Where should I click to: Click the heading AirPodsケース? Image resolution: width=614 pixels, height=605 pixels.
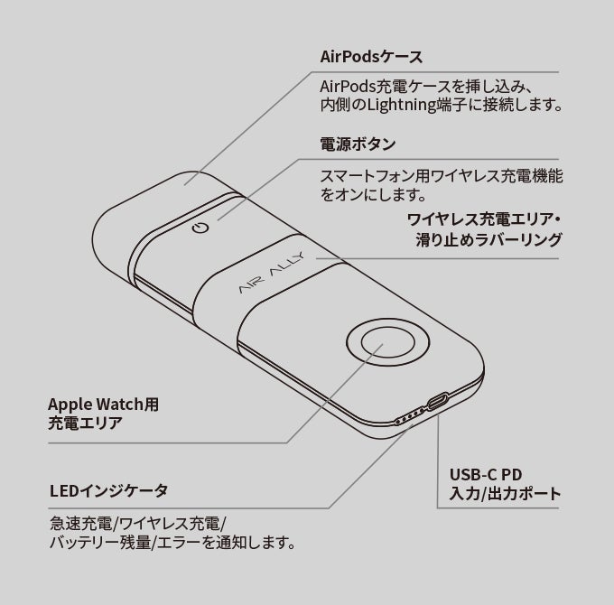(370, 57)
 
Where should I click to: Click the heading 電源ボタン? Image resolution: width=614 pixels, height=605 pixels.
(358, 144)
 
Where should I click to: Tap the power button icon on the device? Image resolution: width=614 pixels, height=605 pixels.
(202, 228)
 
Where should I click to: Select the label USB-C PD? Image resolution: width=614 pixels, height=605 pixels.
(486, 474)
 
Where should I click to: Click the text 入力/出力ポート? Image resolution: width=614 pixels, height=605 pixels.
(505, 494)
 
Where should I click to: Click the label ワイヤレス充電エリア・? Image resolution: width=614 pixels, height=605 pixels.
(484, 219)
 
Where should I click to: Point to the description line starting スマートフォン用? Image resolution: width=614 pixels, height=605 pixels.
(442, 175)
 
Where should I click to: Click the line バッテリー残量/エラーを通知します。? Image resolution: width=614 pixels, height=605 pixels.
(172, 544)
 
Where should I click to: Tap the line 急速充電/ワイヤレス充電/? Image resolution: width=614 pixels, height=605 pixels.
(138, 524)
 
